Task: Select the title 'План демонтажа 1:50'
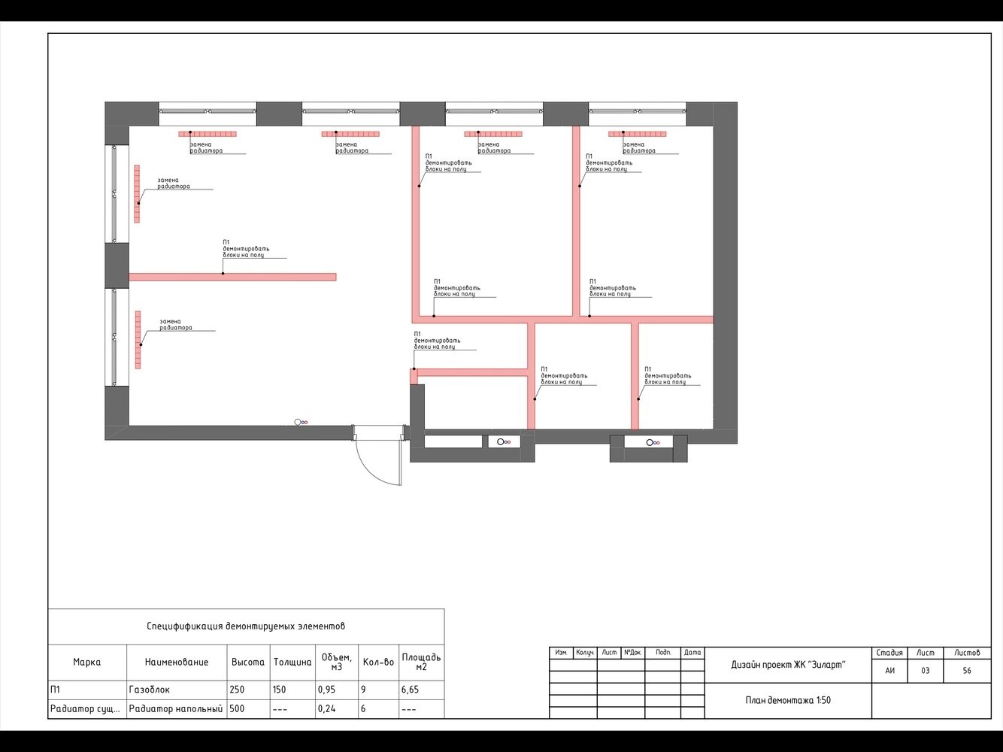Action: (x=788, y=700)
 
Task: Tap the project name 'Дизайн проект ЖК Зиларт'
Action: (x=788, y=665)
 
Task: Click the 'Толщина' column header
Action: (x=292, y=662)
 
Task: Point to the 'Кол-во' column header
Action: (x=378, y=662)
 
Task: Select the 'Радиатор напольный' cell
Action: (x=176, y=708)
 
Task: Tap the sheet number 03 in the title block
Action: (x=926, y=671)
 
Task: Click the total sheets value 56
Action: (x=967, y=671)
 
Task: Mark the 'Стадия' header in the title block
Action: (x=889, y=653)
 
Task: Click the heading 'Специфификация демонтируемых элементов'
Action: (x=246, y=626)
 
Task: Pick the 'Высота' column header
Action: (x=248, y=662)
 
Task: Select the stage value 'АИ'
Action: (x=889, y=671)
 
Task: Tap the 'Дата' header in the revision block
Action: (x=692, y=653)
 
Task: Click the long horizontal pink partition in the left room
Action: (x=232, y=277)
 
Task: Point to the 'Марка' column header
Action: (x=86, y=662)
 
